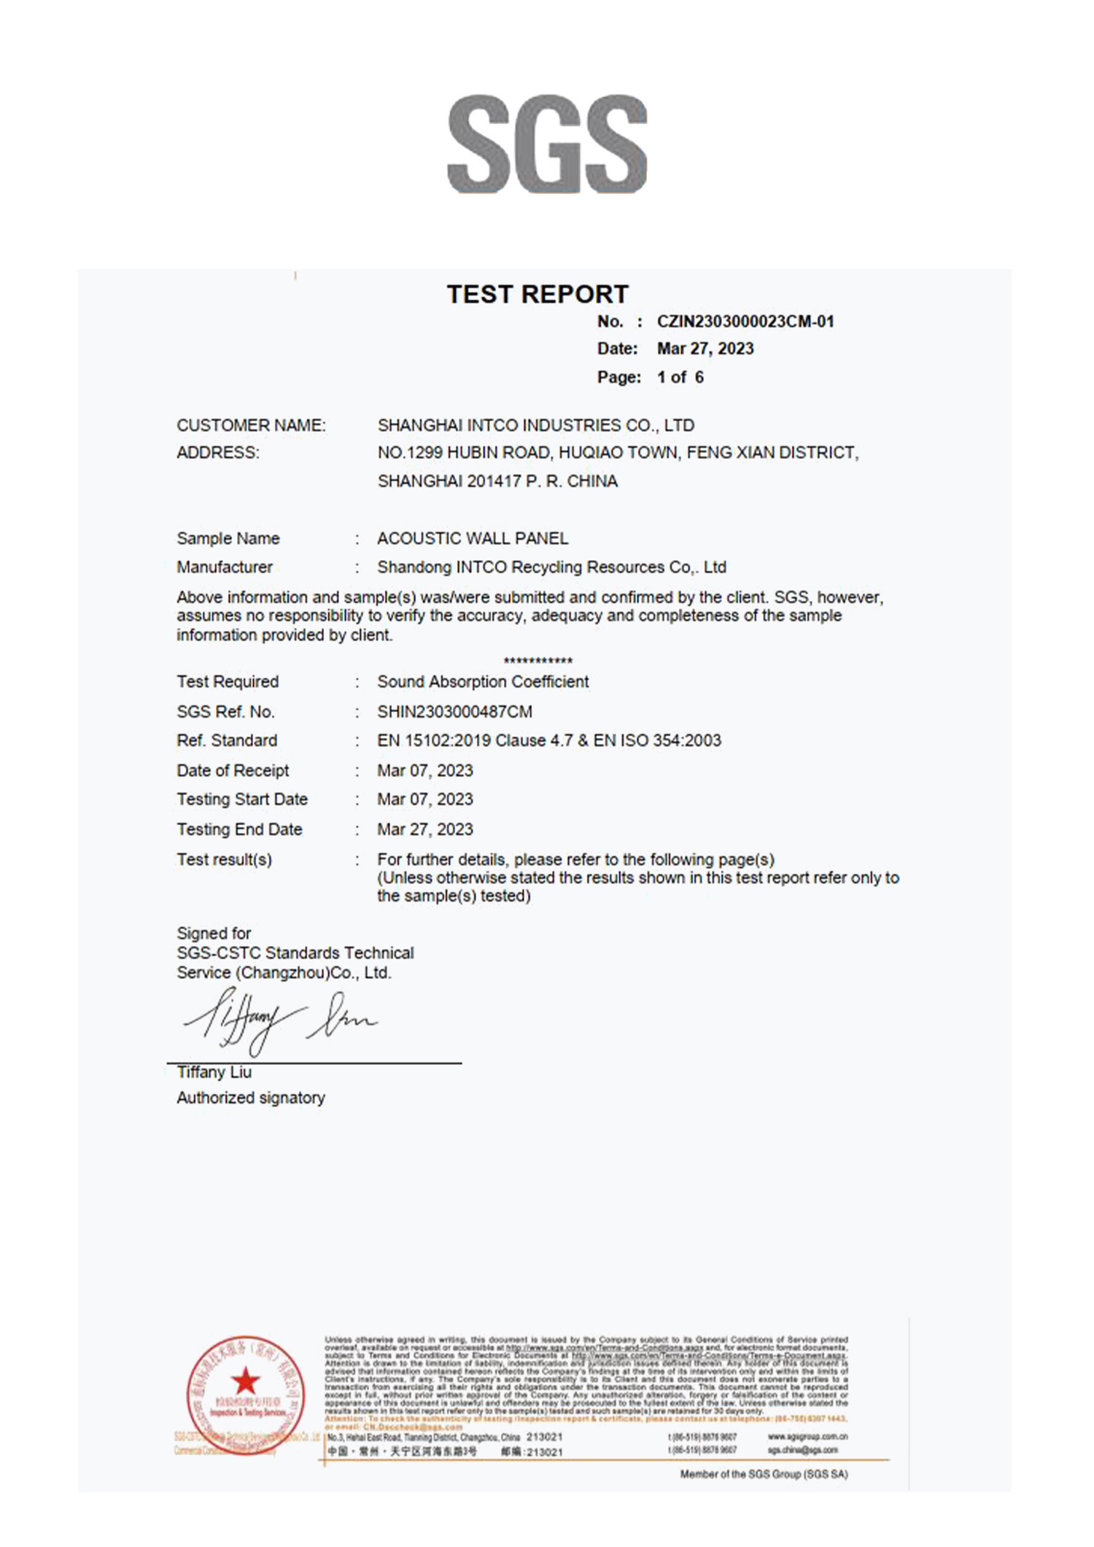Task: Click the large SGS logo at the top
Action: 547,144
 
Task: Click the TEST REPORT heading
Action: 538,294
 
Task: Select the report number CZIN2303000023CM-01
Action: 745,322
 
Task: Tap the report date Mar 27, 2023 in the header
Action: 705,349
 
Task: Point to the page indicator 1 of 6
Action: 680,377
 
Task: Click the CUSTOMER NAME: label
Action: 251,425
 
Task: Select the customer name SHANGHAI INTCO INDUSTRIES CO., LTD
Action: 535,425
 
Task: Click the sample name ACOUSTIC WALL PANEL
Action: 472,538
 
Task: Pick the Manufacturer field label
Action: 224,567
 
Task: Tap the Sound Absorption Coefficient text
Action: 482,681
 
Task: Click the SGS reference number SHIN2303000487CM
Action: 454,711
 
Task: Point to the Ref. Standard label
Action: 226,740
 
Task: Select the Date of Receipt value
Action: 424,770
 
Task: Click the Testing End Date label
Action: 238,829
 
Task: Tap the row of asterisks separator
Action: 538,661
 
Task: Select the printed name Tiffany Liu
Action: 214,1072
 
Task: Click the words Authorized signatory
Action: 250,1098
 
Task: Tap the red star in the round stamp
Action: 245,1381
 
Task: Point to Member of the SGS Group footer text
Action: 764,1474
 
